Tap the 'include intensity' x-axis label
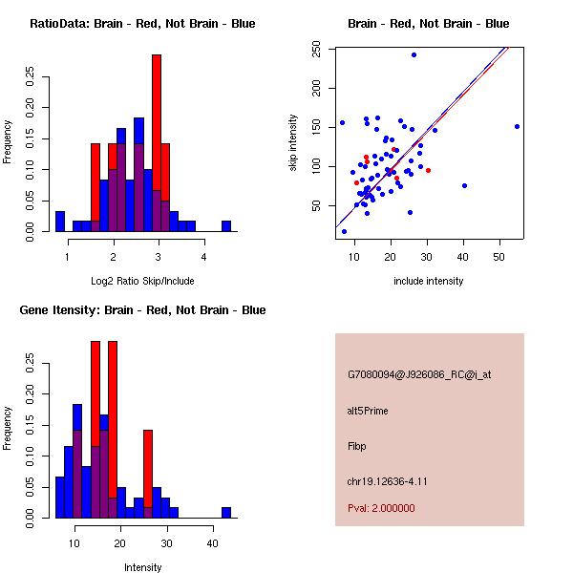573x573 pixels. [429, 281]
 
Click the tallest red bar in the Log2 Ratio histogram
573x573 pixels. [156, 143]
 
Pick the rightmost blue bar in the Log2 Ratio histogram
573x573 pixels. [226, 226]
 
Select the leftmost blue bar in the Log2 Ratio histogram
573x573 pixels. [59, 222]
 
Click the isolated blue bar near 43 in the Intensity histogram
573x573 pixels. [226, 512]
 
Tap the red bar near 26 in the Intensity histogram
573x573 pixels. [147, 474]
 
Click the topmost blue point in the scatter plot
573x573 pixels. [414, 55]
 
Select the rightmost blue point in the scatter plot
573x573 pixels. [517, 126]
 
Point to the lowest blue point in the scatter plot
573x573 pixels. [344, 231]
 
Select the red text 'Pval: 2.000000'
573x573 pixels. [380, 508]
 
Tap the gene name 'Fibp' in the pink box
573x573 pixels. [357, 446]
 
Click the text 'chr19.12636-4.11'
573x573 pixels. [386, 481]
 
